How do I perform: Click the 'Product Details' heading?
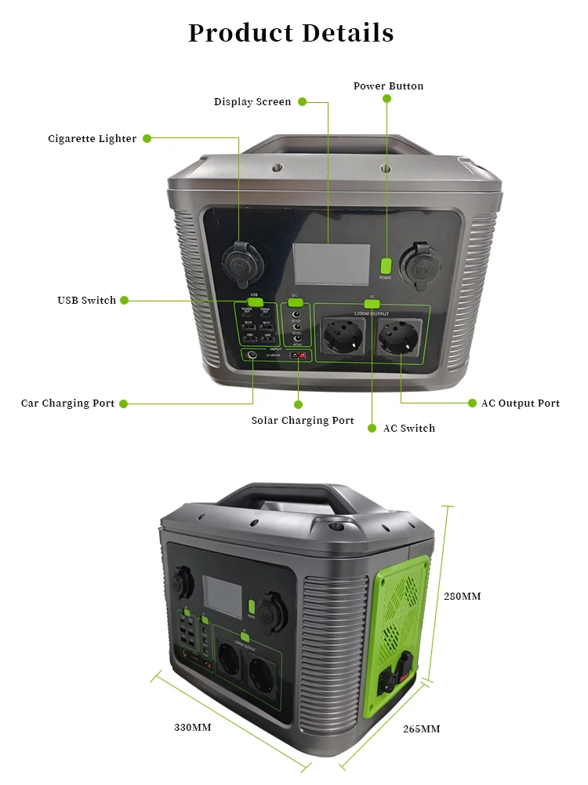tap(291, 33)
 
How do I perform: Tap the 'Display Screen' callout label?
tap(252, 102)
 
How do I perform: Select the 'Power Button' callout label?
tap(388, 86)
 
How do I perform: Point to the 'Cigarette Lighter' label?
tap(93, 139)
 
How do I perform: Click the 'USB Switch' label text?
tap(86, 301)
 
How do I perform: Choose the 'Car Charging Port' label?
tap(67, 403)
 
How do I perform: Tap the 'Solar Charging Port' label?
tap(303, 421)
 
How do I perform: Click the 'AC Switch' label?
tap(408, 429)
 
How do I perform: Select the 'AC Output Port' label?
tap(520, 403)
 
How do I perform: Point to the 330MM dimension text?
tap(192, 728)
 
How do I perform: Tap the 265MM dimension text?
tap(421, 729)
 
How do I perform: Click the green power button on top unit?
tap(385, 265)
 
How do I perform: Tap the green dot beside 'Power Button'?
tap(387, 99)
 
